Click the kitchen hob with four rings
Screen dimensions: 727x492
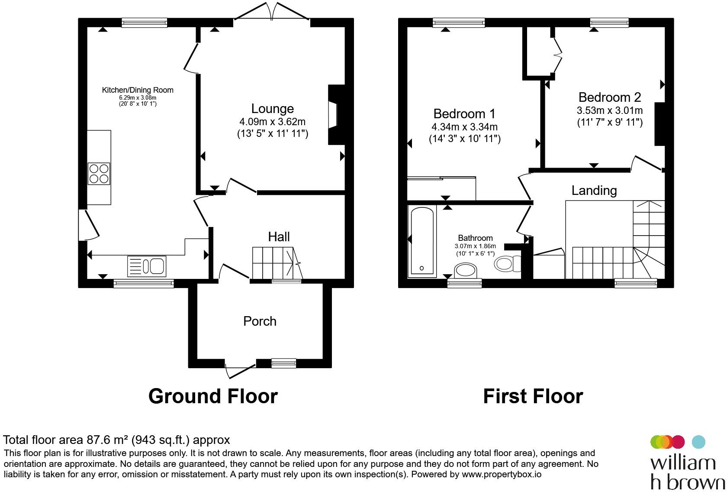(x=99, y=174)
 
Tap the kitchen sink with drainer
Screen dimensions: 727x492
(x=147, y=266)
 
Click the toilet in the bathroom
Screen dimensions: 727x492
(x=508, y=263)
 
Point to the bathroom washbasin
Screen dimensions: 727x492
(x=466, y=270)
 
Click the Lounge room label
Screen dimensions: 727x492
(x=273, y=108)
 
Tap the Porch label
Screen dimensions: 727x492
(x=260, y=321)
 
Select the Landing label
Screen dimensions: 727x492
(x=594, y=191)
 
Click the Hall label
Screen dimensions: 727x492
(x=279, y=237)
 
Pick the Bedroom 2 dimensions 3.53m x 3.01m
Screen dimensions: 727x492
(x=609, y=110)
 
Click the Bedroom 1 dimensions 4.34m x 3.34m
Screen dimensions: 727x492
(x=464, y=126)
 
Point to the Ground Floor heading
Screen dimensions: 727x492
(x=213, y=397)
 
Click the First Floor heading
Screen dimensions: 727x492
(x=533, y=397)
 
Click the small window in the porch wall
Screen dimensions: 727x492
(x=284, y=363)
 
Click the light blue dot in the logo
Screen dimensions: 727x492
(x=698, y=442)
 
